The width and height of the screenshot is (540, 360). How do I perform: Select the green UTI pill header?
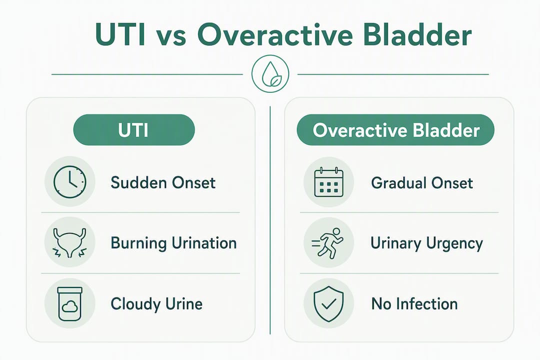pyautogui.click(x=134, y=130)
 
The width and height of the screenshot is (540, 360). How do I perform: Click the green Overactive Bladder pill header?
pyautogui.click(x=395, y=130)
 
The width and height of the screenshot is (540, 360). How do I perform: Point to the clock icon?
pyautogui.click(x=70, y=182)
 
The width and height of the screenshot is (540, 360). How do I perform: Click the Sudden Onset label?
pyautogui.click(x=163, y=182)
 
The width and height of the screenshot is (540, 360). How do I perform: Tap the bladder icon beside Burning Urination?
pyautogui.click(x=70, y=242)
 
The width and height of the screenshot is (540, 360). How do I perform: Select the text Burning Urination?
pyautogui.click(x=173, y=243)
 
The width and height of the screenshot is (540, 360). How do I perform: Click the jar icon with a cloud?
pyautogui.click(x=70, y=304)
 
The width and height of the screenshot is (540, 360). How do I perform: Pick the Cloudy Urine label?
pyautogui.click(x=156, y=304)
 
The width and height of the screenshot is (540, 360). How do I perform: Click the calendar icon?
pyautogui.click(x=329, y=182)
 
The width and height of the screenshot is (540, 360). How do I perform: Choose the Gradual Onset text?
pyautogui.click(x=422, y=182)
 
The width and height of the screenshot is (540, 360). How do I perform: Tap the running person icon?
pyautogui.click(x=328, y=242)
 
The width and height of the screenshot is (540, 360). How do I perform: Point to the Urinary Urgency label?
pyautogui.click(x=426, y=243)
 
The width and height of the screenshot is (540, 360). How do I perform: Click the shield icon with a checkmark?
pyautogui.click(x=329, y=304)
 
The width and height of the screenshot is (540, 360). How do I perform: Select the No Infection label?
pyautogui.click(x=414, y=304)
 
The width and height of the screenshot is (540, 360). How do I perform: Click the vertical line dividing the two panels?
pyautogui.click(x=270, y=220)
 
